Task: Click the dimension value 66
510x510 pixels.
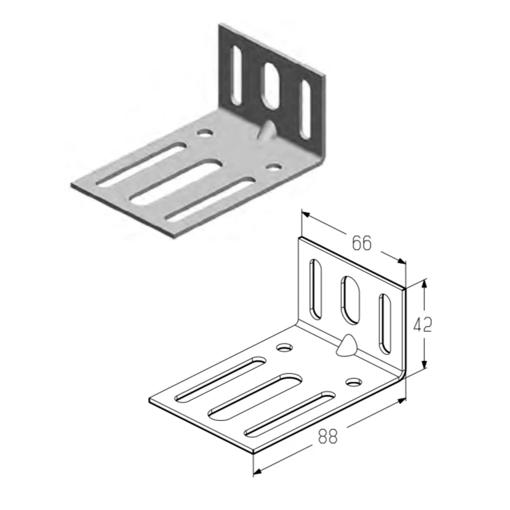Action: pos(362,243)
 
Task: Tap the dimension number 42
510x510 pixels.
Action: pos(422,324)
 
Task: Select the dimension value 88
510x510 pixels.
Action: pos(328,436)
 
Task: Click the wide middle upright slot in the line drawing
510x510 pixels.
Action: pos(350,300)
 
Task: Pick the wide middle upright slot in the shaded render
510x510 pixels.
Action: pos(271,86)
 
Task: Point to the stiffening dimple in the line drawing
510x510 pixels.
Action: pos(346,345)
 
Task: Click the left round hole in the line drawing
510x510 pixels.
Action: pos(285,347)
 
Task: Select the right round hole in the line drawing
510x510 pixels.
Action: pos(354,382)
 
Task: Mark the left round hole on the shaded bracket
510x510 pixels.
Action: pos(205,133)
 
